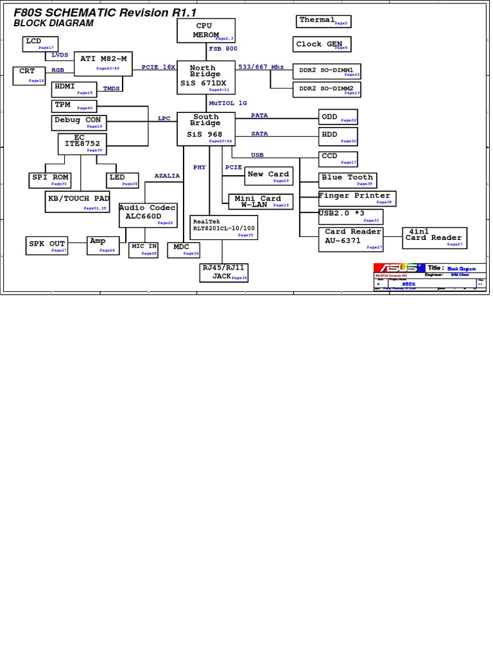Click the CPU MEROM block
(203, 30)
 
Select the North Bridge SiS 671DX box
(203, 78)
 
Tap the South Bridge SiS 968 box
(205, 128)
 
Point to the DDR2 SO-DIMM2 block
(327, 89)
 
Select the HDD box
(338, 136)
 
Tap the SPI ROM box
(51, 179)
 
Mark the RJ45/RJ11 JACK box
(224, 272)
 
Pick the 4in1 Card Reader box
(434, 237)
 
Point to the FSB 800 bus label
(223, 49)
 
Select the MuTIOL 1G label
(228, 103)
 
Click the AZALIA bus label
(167, 176)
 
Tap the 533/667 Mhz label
(261, 67)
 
